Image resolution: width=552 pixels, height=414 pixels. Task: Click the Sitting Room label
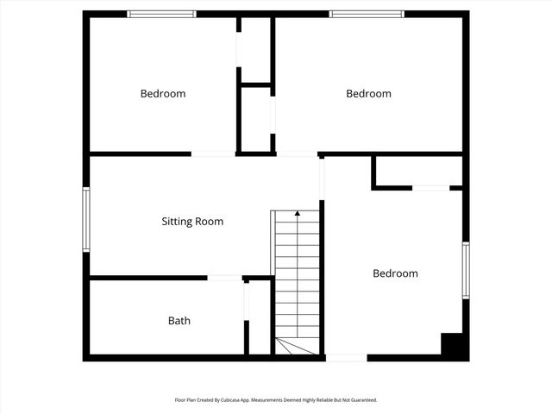coord(192,222)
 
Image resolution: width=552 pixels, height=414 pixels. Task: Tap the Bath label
coord(179,321)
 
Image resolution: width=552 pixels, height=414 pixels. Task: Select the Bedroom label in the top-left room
coord(163,93)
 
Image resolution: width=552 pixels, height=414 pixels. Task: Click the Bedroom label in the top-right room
coord(368,93)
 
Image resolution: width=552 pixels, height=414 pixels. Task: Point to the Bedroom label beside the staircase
coord(395,273)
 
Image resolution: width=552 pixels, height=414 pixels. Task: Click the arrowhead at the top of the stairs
coord(298,211)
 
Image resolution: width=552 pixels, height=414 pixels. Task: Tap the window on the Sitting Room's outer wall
coord(86,219)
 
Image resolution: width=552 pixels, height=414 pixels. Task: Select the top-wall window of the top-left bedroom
coord(162,14)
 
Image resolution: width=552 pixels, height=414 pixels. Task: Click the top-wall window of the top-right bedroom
coord(367,14)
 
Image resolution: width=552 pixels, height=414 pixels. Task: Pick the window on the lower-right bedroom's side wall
coord(465,271)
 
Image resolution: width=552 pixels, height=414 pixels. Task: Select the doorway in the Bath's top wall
coord(226,278)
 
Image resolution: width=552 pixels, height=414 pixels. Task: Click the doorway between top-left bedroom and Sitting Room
coord(213,154)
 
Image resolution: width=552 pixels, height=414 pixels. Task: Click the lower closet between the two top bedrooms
coord(256,119)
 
